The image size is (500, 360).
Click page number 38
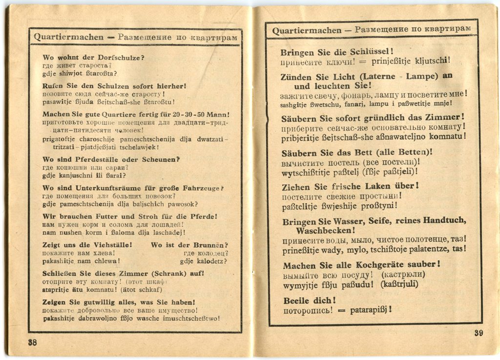[32, 342]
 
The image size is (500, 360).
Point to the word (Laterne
[374, 76]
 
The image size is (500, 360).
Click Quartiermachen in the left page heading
[69, 37]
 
